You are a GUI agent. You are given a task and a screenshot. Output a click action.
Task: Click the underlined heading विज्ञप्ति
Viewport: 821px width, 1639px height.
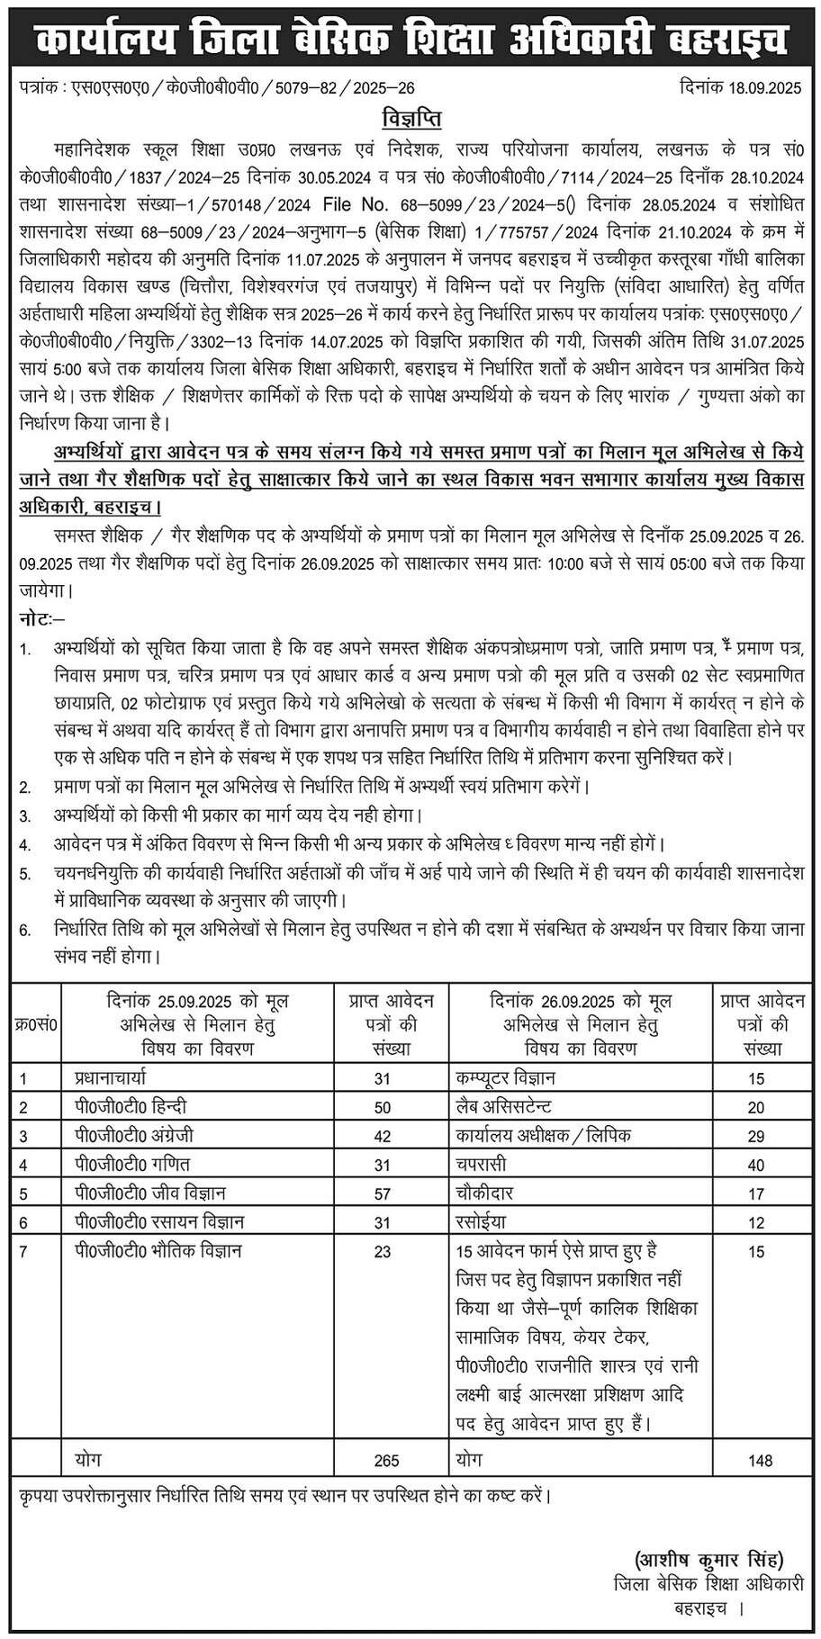pyautogui.click(x=410, y=118)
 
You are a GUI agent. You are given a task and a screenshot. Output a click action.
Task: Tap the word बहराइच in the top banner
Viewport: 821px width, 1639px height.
pyautogui.click(x=724, y=41)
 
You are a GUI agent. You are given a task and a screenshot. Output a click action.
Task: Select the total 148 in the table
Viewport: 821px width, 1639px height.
pyautogui.click(x=760, y=1460)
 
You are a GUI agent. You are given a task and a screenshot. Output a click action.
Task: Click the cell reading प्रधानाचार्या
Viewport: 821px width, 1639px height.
pyautogui.click(x=118, y=1076)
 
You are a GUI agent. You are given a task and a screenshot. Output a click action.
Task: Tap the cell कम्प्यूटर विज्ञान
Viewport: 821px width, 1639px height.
pyautogui.click(x=506, y=1076)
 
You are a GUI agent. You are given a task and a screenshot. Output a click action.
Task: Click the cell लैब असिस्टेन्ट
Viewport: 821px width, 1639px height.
pyautogui.click(x=504, y=1105)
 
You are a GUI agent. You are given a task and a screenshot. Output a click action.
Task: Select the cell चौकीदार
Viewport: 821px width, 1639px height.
pyautogui.click(x=486, y=1193)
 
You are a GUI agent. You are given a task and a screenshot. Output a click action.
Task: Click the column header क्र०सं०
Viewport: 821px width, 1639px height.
pyautogui.click(x=36, y=1024)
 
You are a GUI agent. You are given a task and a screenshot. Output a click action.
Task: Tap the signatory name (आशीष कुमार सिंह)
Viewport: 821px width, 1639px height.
pyautogui.click(x=701, y=1558)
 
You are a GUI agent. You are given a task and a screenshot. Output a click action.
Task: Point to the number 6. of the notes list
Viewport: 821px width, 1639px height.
pyautogui.click(x=24, y=932)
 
